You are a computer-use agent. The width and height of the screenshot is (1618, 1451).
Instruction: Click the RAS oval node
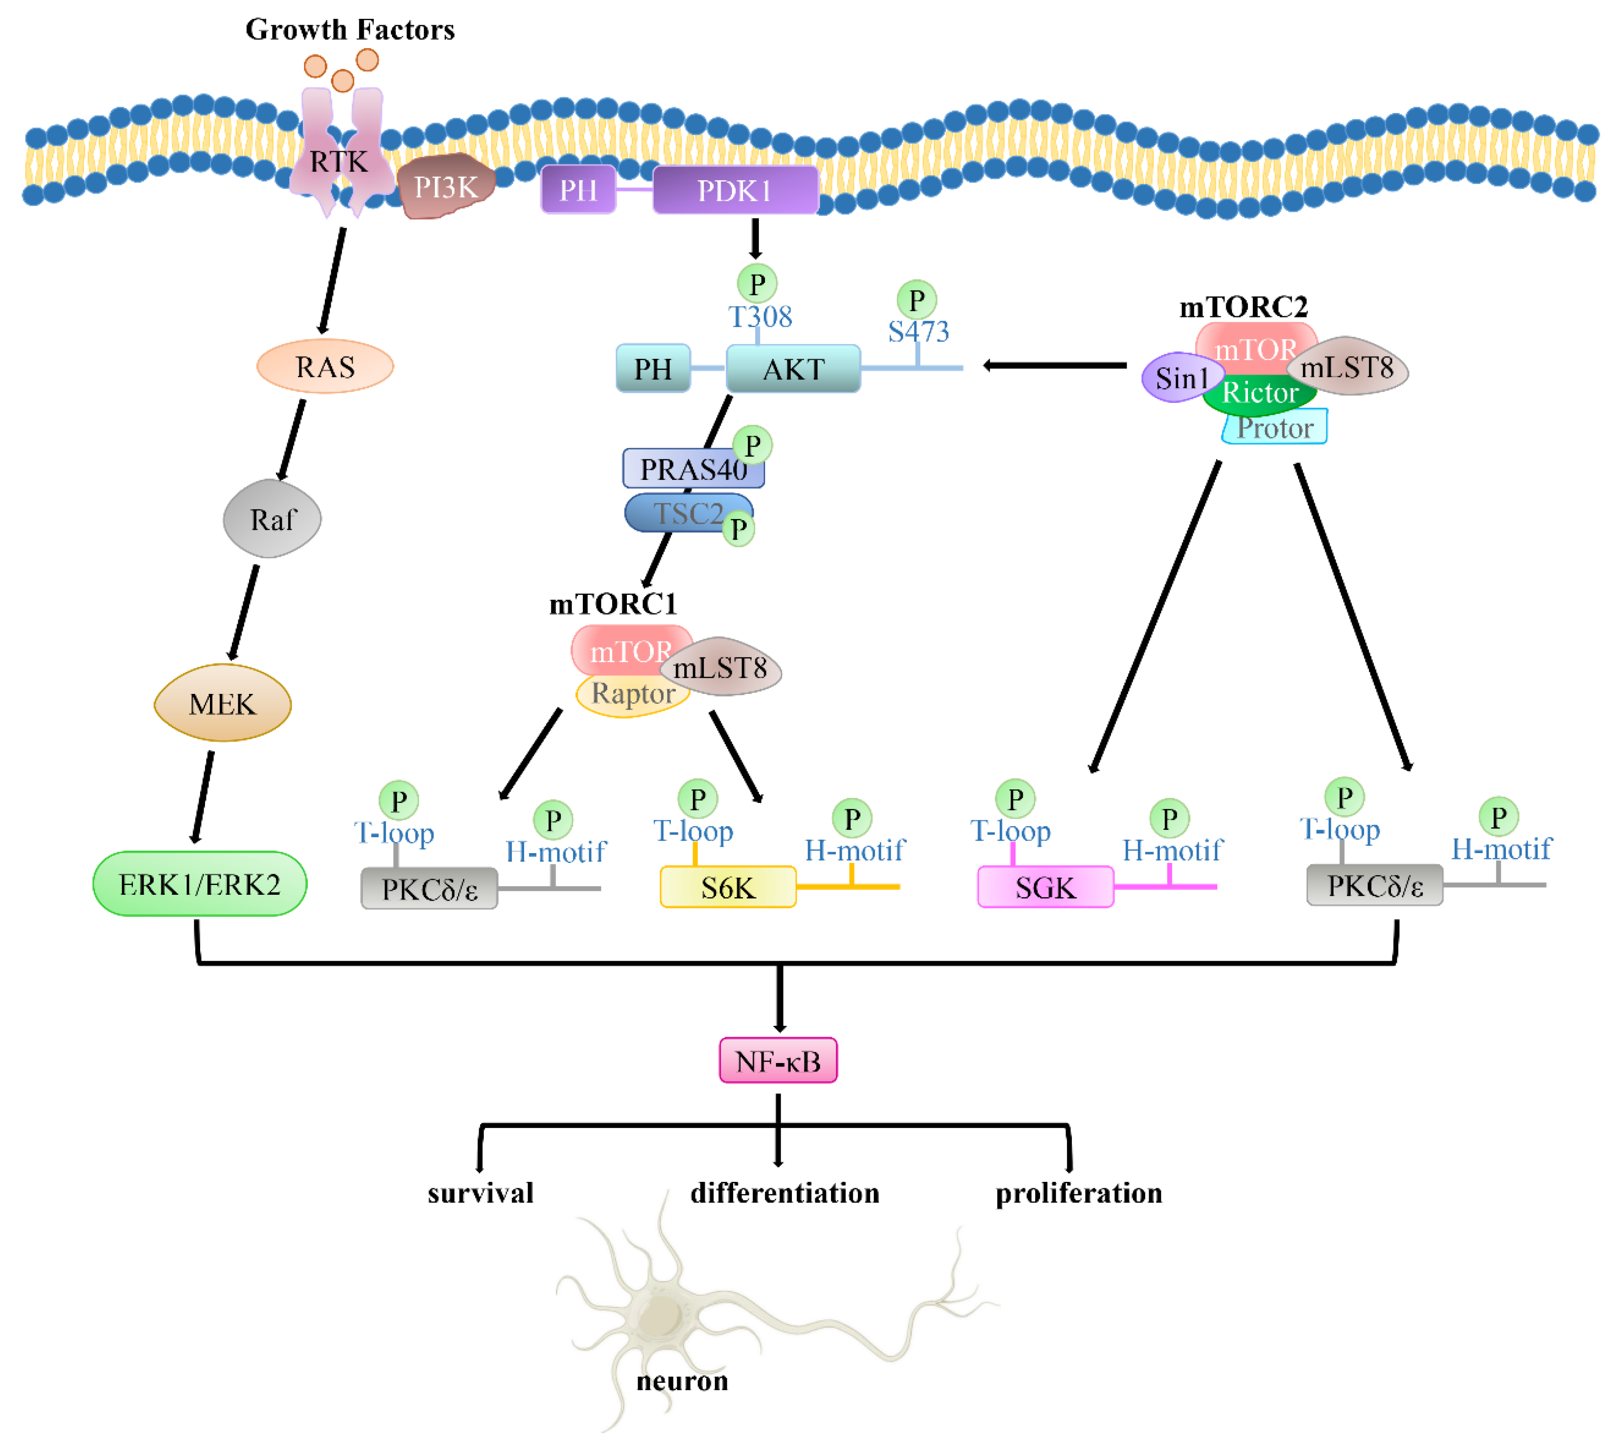click(324, 367)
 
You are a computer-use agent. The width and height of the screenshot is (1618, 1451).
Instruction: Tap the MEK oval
click(223, 703)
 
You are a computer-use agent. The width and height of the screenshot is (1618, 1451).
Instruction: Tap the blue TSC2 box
click(682, 514)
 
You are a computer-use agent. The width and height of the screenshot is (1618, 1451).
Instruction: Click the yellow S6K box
click(727, 887)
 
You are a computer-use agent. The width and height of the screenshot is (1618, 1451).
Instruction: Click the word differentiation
click(785, 1194)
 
